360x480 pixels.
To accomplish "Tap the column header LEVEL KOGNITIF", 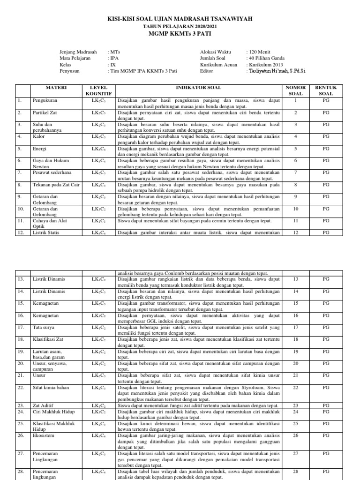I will point(96,90).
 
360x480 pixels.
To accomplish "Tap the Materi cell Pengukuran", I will point(45,100).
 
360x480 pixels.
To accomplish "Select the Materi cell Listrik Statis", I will point(46,232).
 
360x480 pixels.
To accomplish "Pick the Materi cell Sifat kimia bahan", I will point(51,388).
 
